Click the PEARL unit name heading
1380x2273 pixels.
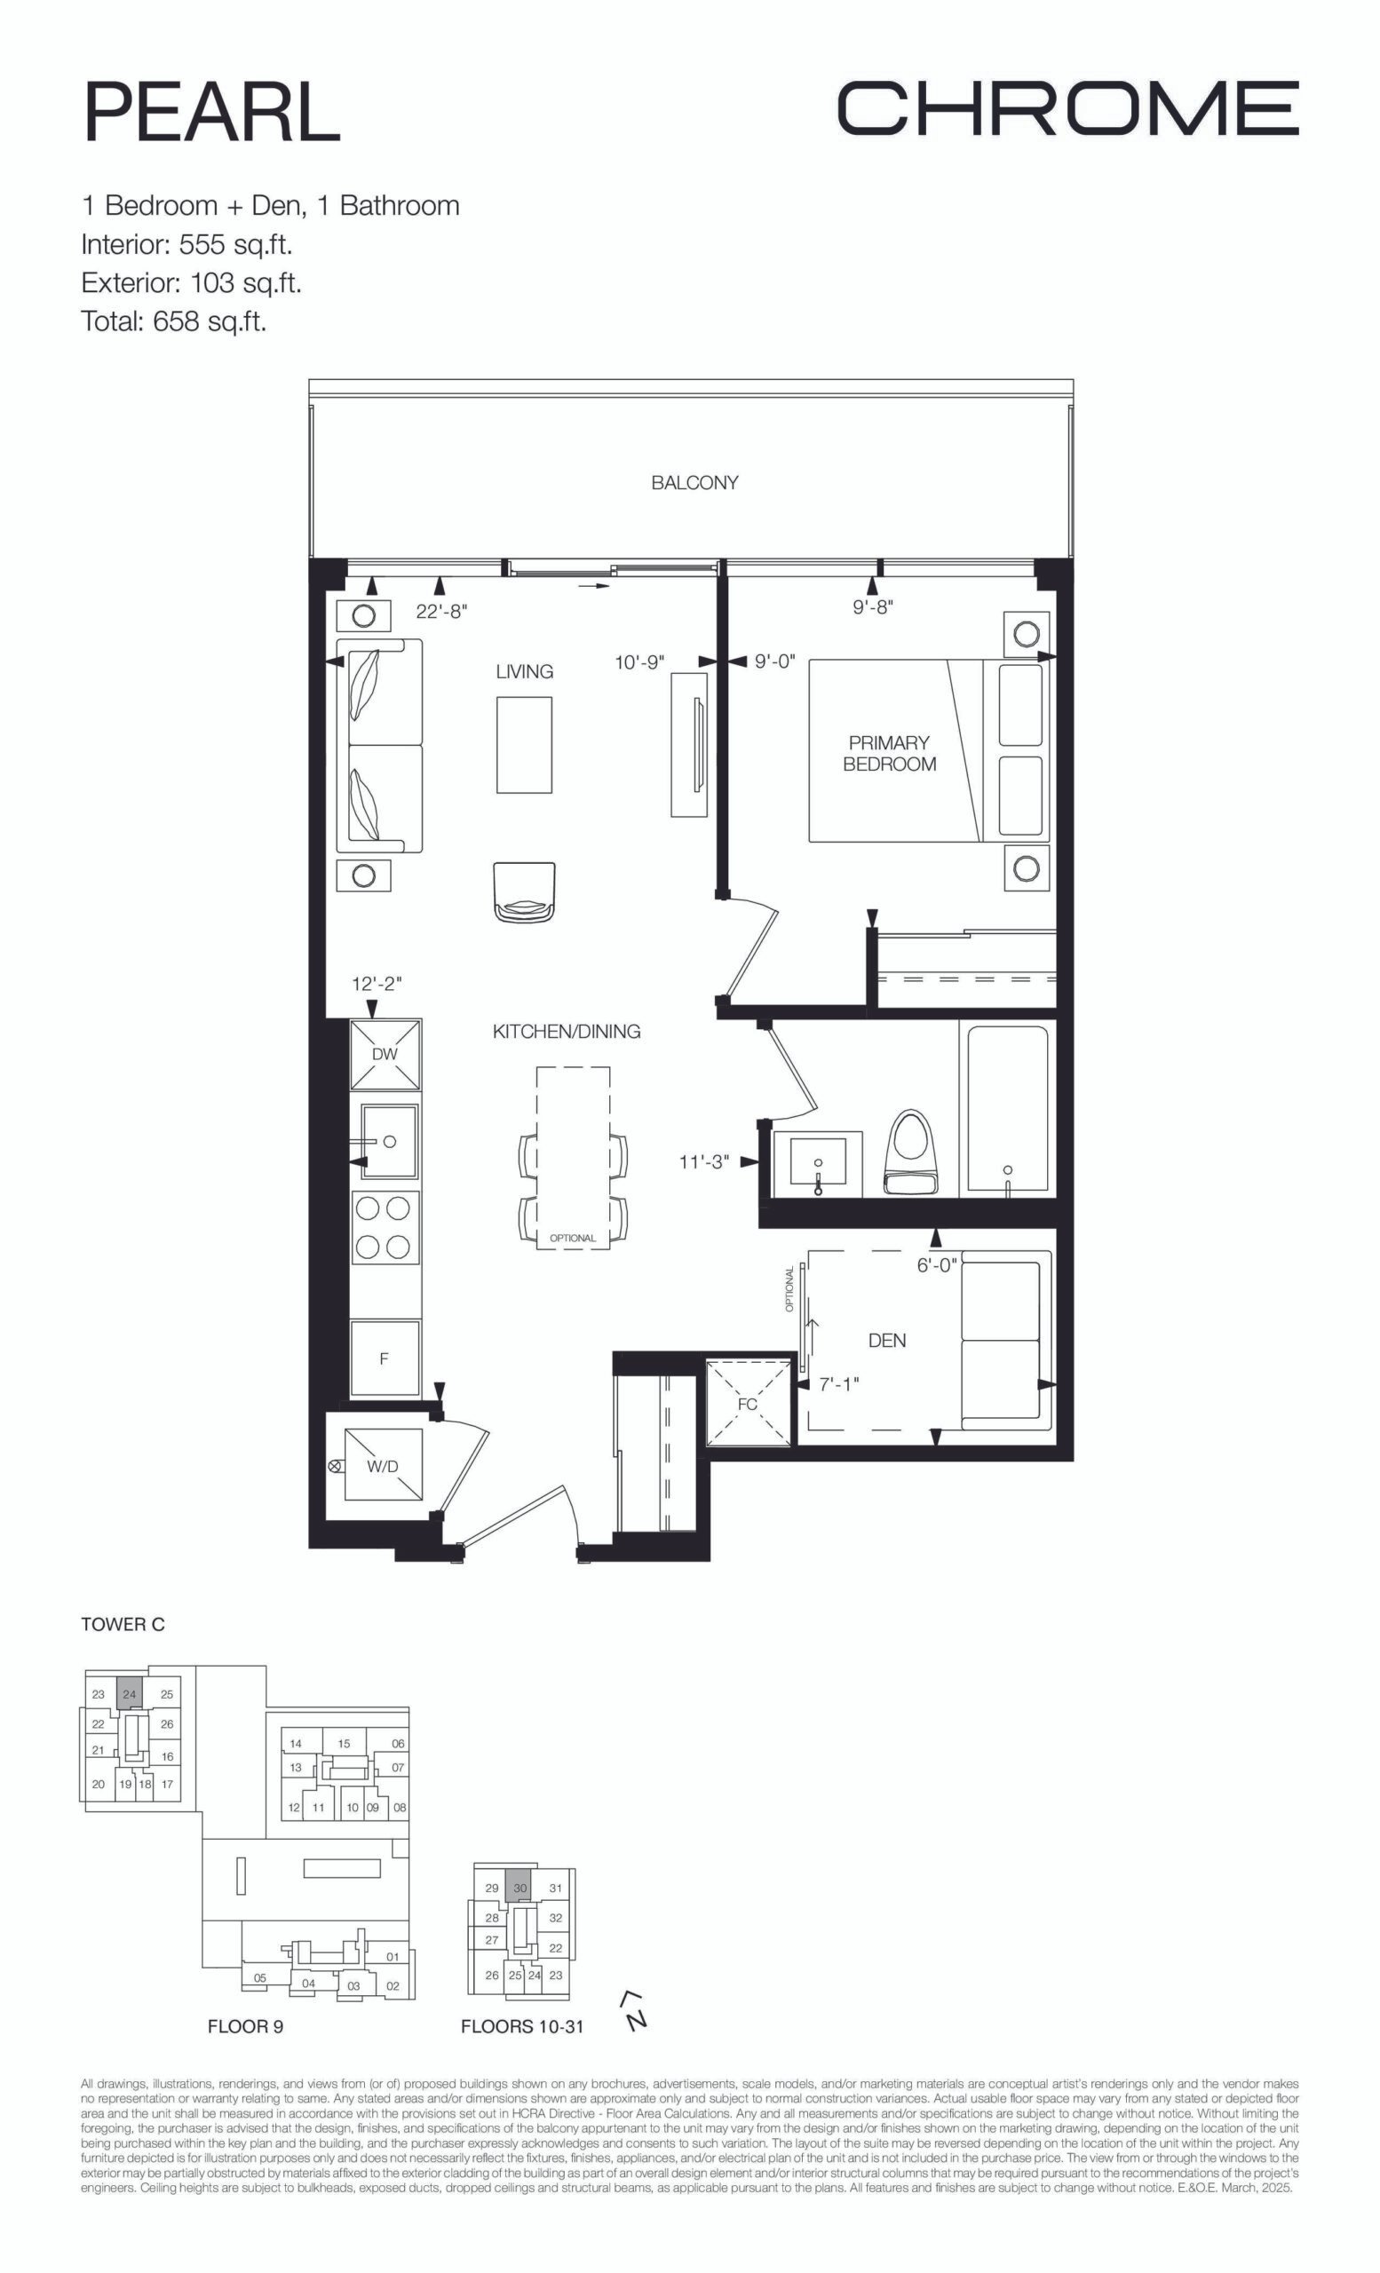[212, 112]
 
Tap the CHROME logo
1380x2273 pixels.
[1067, 107]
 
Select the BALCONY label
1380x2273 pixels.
[694, 482]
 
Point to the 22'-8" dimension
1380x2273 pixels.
[442, 611]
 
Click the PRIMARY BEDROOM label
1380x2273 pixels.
[889, 753]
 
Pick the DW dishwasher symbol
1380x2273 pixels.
[385, 1053]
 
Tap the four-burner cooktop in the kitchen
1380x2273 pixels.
[385, 1227]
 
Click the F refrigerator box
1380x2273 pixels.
[385, 1358]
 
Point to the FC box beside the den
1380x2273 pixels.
[748, 1403]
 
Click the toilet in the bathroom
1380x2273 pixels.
[910, 1152]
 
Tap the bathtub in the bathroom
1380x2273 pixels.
[1007, 1109]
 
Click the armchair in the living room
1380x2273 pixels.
[525, 892]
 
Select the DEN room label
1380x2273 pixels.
[887, 1341]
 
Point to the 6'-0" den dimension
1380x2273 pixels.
[937, 1265]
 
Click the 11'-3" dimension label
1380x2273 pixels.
[704, 1162]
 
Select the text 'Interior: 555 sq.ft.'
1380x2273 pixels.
[187, 244]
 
